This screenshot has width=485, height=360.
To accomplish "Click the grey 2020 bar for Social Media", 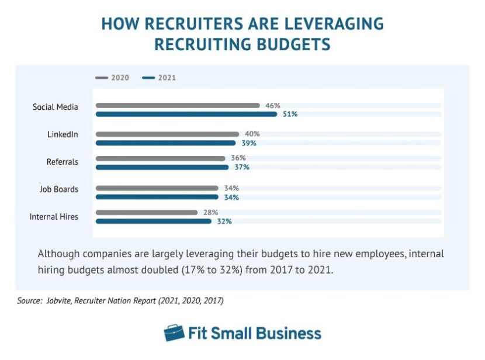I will [178, 106].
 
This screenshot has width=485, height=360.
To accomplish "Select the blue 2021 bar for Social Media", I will [186, 115].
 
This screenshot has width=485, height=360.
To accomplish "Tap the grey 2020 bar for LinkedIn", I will [167, 134].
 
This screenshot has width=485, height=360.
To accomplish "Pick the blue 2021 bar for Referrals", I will [162, 167].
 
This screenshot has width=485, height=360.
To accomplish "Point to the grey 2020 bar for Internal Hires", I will [147, 212].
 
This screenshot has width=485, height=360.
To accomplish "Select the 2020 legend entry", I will [112, 78].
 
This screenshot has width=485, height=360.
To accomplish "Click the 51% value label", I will [290, 115].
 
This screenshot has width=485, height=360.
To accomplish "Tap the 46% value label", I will [272, 106].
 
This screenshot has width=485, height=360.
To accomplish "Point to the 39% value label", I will [249, 143].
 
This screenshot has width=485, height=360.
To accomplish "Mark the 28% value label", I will [210, 212].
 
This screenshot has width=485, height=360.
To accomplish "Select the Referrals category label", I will [63, 162].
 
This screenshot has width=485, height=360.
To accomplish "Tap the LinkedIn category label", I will [63, 134].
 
